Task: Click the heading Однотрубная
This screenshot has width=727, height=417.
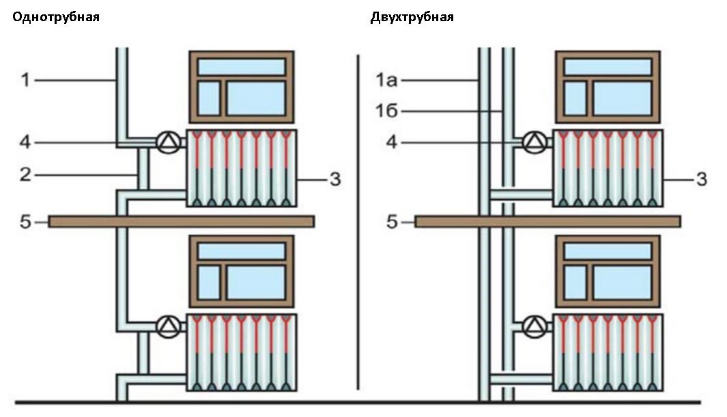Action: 56,17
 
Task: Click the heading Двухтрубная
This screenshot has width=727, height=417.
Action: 412,18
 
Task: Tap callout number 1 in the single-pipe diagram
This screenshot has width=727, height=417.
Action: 25,80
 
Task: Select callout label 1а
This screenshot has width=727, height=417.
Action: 386,80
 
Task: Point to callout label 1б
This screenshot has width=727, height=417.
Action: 386,111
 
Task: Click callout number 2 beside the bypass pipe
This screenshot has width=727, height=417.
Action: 25,175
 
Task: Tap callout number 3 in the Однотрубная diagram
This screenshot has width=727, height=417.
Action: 335,179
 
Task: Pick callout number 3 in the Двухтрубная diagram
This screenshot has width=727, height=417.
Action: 702,179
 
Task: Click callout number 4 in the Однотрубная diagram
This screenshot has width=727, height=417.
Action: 25,142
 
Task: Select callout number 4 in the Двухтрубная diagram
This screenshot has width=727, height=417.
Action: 392,142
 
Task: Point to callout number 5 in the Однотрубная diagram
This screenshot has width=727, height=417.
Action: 25,222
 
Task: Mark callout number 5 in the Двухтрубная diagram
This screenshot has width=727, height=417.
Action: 392,222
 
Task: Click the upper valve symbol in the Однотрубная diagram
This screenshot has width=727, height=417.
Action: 169,142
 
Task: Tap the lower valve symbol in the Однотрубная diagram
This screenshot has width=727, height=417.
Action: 169,326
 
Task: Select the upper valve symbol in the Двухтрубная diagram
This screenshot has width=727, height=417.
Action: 535,142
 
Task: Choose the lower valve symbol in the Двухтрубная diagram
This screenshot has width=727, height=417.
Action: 535,326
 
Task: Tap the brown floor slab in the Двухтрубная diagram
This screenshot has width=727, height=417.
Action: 547,222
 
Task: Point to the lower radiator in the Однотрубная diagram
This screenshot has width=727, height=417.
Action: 241,353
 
